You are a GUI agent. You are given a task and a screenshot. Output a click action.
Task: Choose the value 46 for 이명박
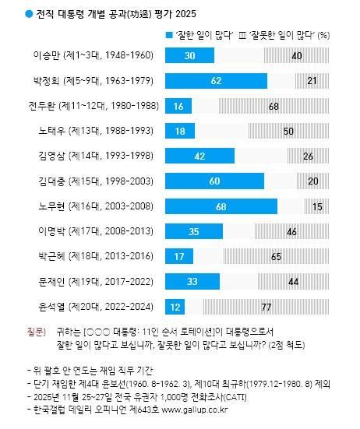click(x=291, y=231)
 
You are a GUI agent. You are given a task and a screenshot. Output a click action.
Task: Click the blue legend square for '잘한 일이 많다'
click(x=168, y=35)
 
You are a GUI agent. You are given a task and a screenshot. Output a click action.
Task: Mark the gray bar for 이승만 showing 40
click(x=274, y=55)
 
